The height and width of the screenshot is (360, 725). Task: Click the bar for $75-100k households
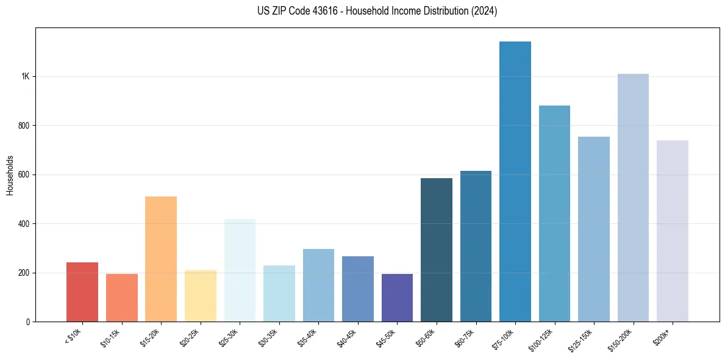[515, 183]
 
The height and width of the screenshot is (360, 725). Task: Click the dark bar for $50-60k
[437, 250]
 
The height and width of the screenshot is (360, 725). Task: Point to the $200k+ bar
[673, 232]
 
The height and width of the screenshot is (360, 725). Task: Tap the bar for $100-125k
[554, 214]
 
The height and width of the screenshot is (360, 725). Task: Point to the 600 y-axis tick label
[24, 175]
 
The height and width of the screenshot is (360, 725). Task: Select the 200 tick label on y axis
[24, 273]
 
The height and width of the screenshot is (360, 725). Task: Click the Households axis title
[10, 175]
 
